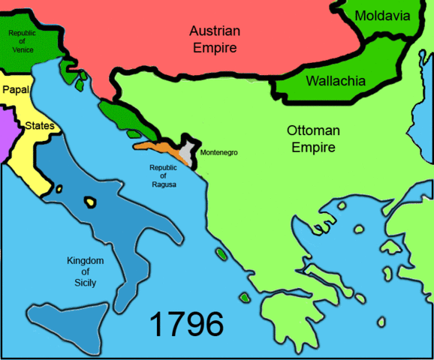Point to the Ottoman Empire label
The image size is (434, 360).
[x=313, y=139]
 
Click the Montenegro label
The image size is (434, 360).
[x=219, y=152]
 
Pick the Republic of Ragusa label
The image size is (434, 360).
[x=164, y=175]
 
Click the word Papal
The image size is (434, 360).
[x=16, y=89]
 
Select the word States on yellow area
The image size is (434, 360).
[x=40, y=125]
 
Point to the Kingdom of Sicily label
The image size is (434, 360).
[x=84, y=271]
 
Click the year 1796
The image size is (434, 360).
[x=186, y=325]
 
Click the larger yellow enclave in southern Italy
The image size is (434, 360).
[x=91, y=201]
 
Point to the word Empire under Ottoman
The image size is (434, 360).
[x=313, y=147]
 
